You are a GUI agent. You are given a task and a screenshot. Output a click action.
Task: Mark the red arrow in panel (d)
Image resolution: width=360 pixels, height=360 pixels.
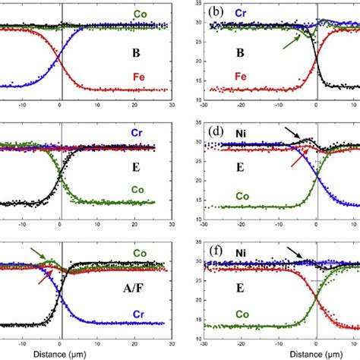[293, 156]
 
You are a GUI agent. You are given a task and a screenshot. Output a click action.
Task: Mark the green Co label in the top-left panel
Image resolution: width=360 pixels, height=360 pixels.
[140, 13]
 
